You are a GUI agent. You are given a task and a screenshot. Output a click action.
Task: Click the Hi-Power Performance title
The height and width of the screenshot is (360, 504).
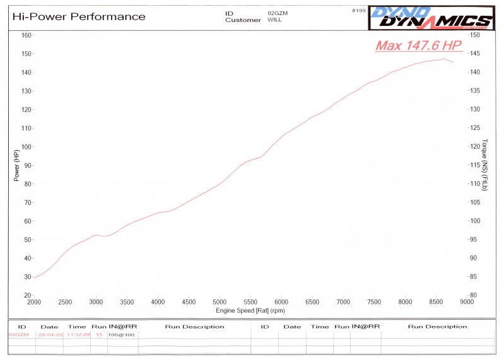click(79, 17)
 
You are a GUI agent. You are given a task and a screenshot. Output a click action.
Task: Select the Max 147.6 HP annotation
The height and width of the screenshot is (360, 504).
click(419, 45)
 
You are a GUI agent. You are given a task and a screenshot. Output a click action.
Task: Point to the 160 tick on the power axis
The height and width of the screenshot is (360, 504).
click(26, 35)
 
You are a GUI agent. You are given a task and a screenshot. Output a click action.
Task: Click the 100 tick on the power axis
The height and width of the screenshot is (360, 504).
click(26, 147)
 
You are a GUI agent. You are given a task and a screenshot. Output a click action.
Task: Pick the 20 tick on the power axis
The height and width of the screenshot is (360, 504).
click(28, 295)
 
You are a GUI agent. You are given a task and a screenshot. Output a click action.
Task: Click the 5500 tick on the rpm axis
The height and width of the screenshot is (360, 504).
click(250, 302)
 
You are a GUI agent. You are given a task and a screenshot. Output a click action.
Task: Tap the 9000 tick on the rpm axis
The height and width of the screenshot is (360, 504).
click(466, 302)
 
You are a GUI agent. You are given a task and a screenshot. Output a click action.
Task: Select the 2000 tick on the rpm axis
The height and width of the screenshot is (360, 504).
click(34, 302)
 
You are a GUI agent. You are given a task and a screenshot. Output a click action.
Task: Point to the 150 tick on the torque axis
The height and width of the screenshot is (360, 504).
click(476, 35)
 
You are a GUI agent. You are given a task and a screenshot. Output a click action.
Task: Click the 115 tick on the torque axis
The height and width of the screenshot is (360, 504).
click(476, 165)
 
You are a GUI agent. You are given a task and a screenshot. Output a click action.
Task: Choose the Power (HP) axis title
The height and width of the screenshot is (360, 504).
click(17, 165)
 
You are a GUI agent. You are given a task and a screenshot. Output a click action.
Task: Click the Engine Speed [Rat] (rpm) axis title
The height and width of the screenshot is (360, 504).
click(250, 310)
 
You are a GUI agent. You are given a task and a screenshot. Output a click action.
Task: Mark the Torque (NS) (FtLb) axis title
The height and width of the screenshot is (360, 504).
click(485, 165)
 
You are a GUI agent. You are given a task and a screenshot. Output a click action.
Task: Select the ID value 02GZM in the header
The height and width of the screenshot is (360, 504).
click(276, 13)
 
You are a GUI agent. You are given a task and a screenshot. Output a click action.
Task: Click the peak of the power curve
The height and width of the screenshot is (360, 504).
click(443, 59)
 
